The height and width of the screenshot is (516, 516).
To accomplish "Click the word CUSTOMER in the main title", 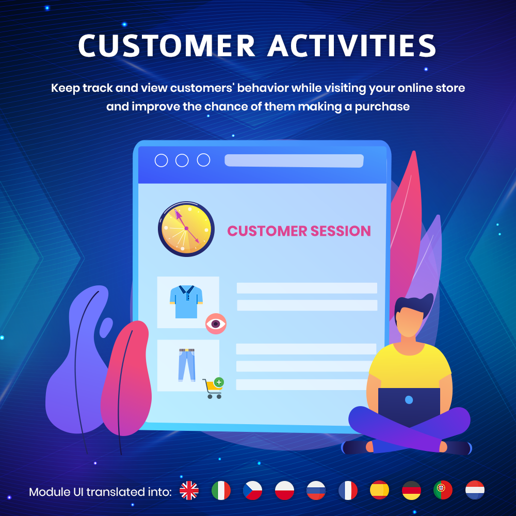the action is tap(167, 45).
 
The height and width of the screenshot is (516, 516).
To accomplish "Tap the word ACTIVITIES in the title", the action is tap(352, 45).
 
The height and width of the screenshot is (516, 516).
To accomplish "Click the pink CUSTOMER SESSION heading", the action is tap(299, 231).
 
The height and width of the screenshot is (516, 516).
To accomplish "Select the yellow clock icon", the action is tap(186, 229).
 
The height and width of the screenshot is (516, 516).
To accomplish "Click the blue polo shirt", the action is tap(186, 302).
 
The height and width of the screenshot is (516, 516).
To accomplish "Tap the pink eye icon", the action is tap(216, 324).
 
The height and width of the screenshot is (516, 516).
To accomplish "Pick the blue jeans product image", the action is tap(187, 365).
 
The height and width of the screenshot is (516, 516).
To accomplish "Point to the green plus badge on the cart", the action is tap(219, 382).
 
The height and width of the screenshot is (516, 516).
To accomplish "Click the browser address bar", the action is tap(294, 160).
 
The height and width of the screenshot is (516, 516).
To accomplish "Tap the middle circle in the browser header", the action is tap(182, 160).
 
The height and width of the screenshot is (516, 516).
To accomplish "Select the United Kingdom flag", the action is tap(189, 491).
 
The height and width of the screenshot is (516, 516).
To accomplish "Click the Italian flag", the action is tap(221, 491).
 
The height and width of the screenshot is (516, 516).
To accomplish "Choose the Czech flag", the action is tap(253, 491).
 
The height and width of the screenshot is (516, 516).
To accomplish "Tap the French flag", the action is tap(348, 491).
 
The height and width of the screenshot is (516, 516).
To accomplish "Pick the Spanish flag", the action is tap(380, 491).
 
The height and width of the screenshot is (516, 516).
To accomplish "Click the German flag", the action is tap(412, 491).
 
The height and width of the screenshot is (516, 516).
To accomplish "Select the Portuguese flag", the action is tap(443, 491).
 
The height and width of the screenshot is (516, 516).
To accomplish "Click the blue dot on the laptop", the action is tap(409, 400).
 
